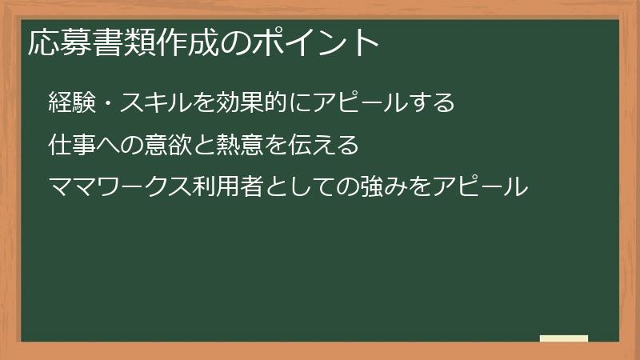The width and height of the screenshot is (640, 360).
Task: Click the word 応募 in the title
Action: [58, 42]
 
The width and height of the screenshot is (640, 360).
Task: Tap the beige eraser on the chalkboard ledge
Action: [564, 338]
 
